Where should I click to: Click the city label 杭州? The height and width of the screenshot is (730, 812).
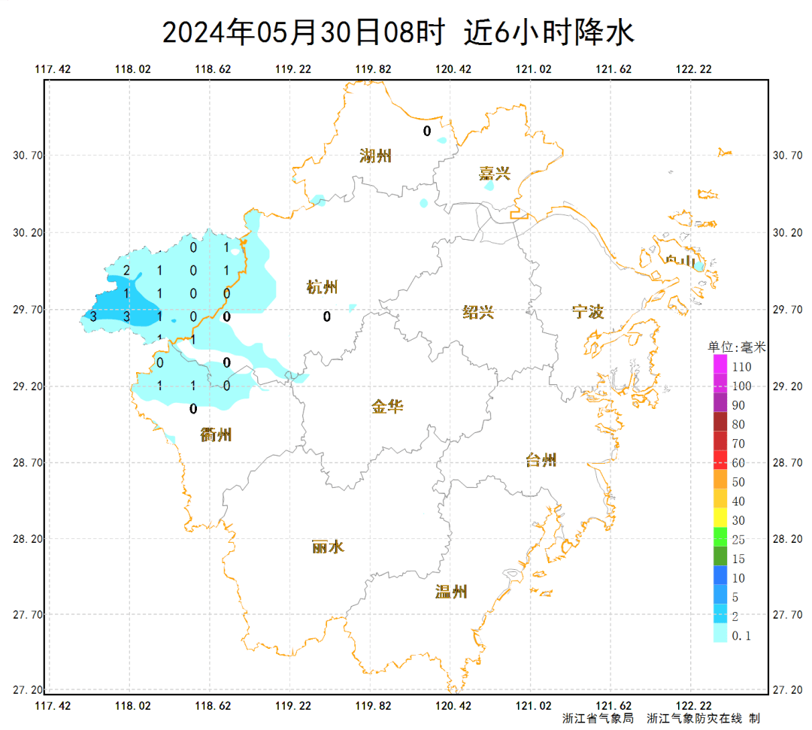322,287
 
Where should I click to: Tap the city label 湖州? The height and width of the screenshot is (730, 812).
375,156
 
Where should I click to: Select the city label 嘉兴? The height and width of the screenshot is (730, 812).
494,174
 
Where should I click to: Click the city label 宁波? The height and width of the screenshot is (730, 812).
588,312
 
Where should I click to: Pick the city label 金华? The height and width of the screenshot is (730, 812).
387,407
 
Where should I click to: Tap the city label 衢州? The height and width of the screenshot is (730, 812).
217,435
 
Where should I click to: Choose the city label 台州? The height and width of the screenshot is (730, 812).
541,460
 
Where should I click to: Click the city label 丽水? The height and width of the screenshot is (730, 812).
328,547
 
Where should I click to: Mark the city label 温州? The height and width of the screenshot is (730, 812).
451,592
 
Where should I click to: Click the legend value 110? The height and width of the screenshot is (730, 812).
741,367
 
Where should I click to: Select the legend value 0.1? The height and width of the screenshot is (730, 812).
741,636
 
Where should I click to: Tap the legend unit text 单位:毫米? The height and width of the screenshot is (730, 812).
737,347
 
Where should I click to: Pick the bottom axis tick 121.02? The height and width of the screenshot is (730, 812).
534,706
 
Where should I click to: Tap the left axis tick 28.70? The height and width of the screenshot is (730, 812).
29,463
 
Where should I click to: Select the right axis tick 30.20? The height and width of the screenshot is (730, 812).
787,233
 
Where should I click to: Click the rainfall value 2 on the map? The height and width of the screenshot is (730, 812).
126,271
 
